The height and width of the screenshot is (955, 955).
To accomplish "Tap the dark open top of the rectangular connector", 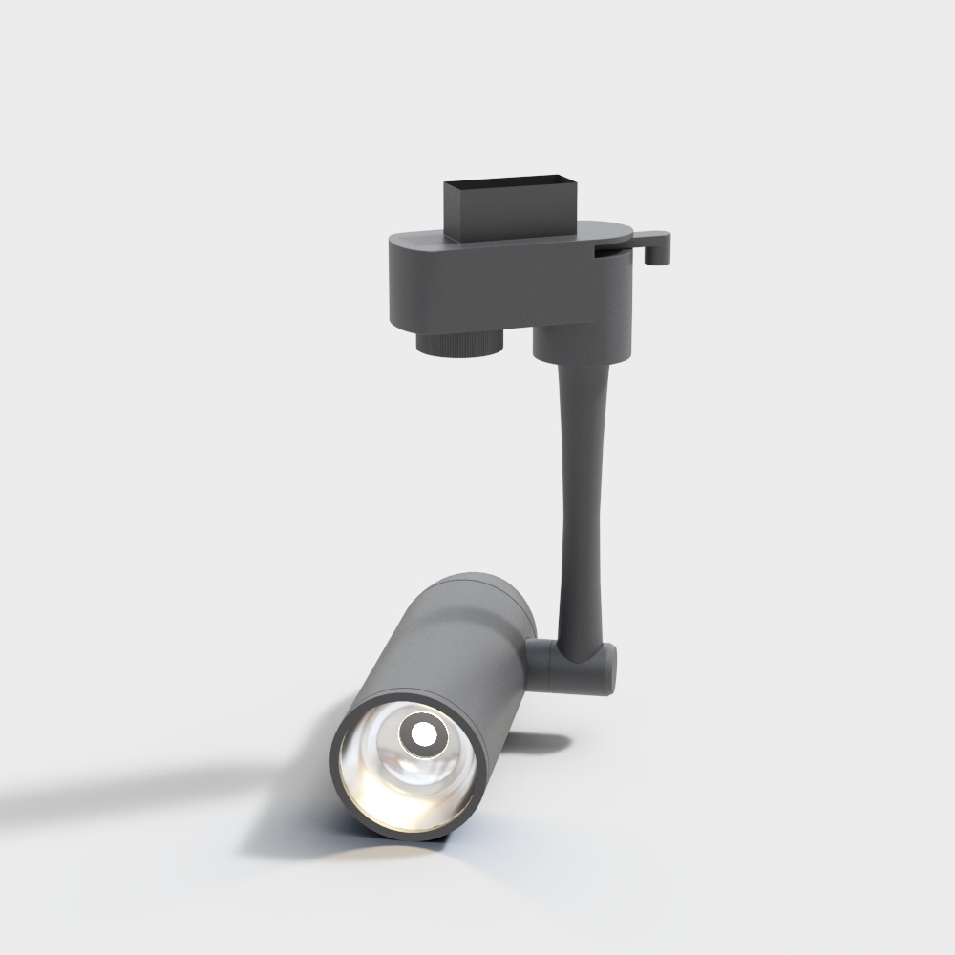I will tap(508, 180).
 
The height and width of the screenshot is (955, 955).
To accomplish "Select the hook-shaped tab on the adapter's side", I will tap(659, 244).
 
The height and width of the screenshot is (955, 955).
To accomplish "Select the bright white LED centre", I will tap(419, 733).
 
